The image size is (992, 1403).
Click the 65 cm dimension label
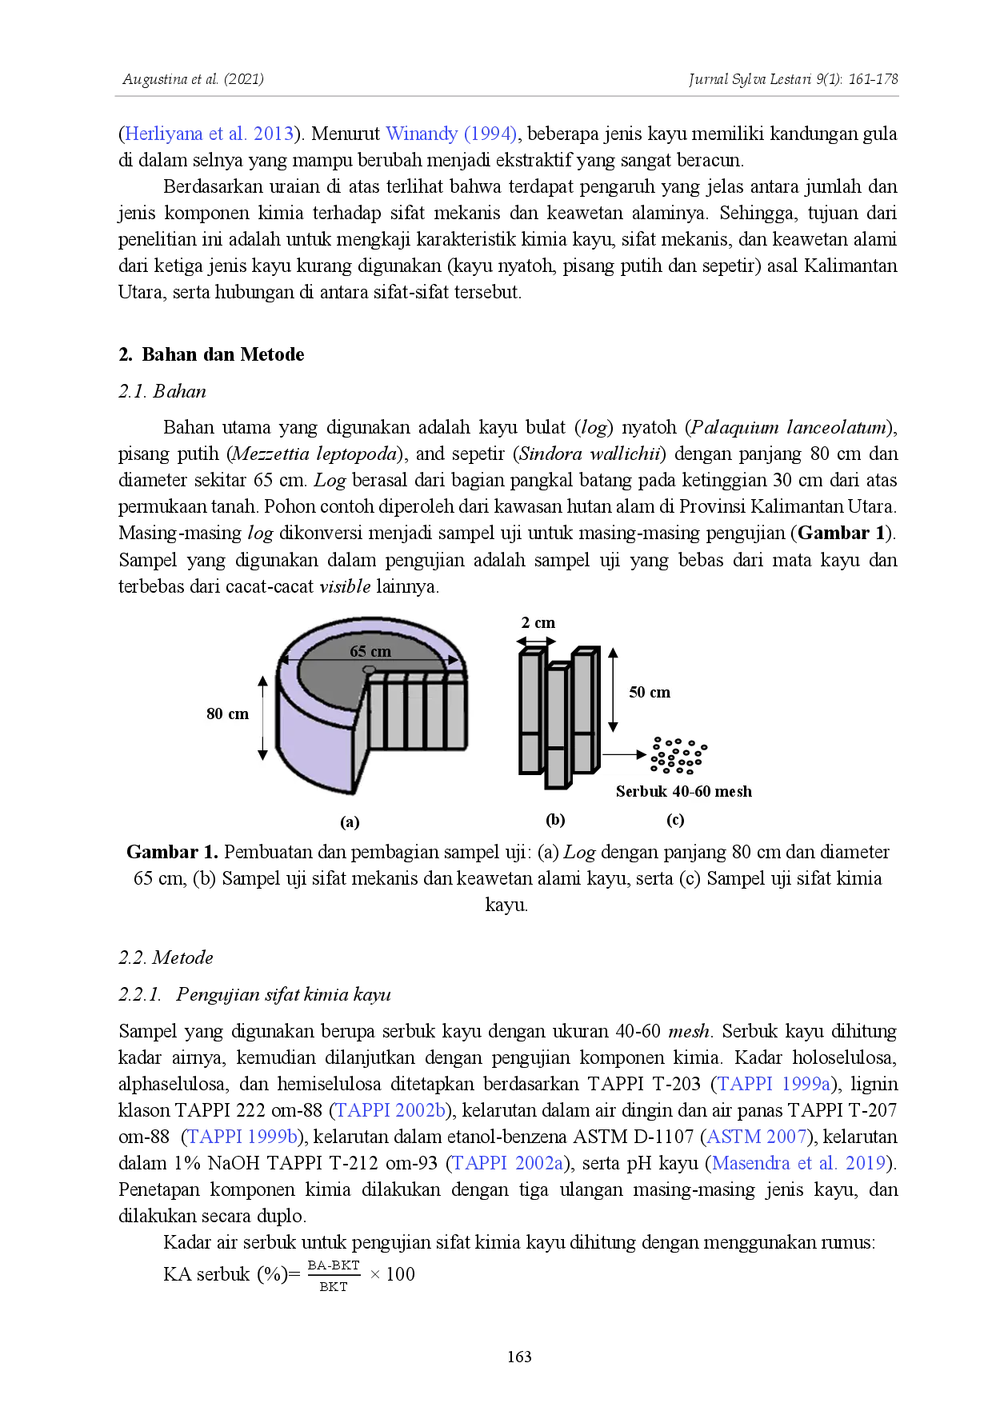click(x=370, y=651)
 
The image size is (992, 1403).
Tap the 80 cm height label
click(x=227, y=713)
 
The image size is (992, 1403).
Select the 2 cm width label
click(x=538, y=622)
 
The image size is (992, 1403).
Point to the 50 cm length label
click(x=649, y=692)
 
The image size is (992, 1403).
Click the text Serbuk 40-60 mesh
click(x=683, y=791)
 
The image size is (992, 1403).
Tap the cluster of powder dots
click(x=680, y=755)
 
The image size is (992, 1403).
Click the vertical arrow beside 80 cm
click(x=262, y=717)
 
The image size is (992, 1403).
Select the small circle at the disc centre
click(x=369, y=669)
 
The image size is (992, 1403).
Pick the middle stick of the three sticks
click(x=558, y=724)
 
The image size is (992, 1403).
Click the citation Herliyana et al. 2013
click(x=208, y=133)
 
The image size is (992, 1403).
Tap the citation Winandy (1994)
click(x=451, y=133)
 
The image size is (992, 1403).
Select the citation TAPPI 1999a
click(x=774, y=1085)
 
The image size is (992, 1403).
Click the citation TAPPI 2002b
click(x=390, y=1110)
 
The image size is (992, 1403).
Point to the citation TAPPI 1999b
click(x=242, y=1137)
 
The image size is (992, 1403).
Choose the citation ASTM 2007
click(x=755, y=1137)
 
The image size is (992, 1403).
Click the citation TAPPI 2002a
click(x=507, y=1162)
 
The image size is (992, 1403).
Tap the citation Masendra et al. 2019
click(x=799, y=1162)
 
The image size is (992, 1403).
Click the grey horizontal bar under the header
click(x=505, y=96)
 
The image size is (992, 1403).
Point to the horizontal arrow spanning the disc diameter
click(x=370, y=661)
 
